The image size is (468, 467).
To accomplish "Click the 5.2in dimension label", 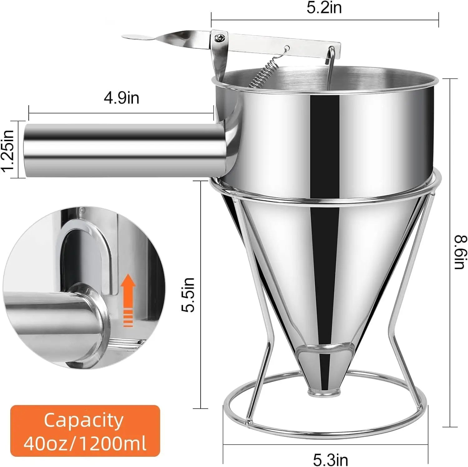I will pos(324,7).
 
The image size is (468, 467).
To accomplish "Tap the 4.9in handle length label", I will pos(121,98).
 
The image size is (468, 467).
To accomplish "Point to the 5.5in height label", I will pos(188,295).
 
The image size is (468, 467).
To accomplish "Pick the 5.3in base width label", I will pos(330,460).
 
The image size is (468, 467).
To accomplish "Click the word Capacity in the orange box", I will pos(84,420).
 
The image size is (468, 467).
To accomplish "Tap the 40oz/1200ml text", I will pos(85,443).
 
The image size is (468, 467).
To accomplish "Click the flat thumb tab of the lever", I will pos(137,37).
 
